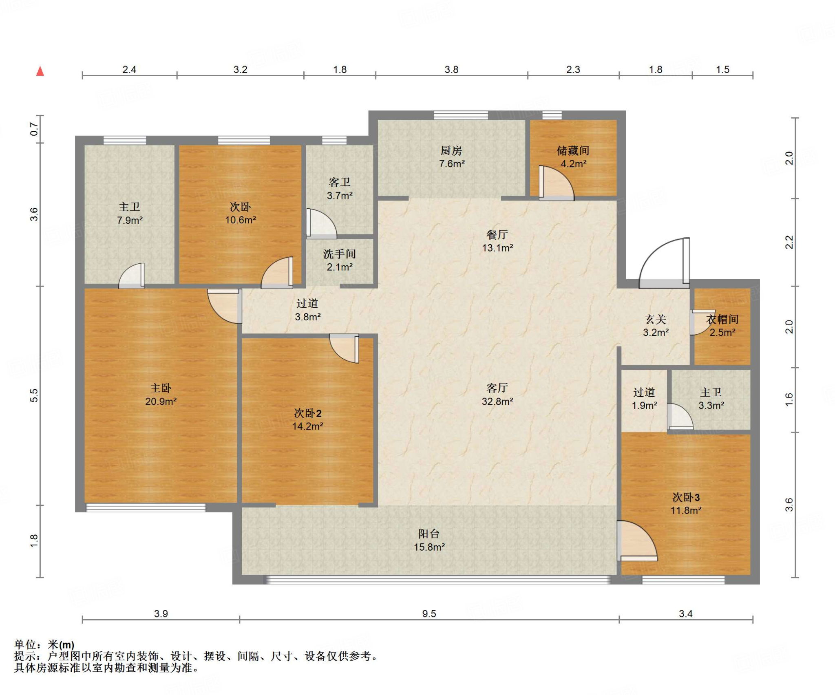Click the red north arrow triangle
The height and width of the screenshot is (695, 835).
(40, 71)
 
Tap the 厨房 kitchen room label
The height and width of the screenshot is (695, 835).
(451, 151)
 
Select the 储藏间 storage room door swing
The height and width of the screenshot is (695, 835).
(557, 183)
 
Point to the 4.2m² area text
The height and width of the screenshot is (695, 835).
(573, 164)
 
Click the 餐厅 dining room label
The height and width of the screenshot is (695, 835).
(497, 235)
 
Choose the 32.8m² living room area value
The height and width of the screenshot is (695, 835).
(497, 402)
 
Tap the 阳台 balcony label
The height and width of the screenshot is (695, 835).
(429, 534)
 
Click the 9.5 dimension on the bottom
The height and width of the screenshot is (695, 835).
(429, 613)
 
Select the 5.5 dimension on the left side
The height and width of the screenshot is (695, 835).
(34, 396)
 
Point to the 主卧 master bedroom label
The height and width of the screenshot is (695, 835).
(161, 388)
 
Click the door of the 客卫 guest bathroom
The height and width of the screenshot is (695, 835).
(321, 224)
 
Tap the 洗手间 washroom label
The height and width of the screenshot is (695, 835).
(339, 254)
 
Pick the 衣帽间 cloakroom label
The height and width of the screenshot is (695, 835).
(722, 320)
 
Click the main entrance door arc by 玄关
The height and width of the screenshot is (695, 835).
(656, 253)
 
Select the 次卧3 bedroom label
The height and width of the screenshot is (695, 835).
(686, 497)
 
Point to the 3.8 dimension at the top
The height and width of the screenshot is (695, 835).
(451, 70)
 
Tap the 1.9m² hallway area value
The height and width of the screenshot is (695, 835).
(644, 406)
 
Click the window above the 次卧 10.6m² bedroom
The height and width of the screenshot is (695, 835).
(244, 140)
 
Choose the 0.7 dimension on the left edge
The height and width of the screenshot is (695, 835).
(34, 130)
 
